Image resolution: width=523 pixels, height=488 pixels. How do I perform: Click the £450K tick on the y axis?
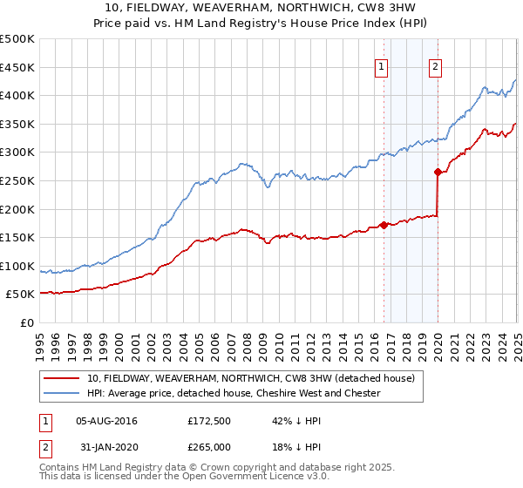tap(17, 67)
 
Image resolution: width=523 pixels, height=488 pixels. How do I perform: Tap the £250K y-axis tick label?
tap(17, 181)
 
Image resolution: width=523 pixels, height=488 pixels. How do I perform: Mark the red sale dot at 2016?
tap(384, 225)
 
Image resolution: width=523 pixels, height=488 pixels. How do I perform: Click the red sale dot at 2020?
tap(438, 172)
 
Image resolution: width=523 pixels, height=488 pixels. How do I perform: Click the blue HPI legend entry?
tap(234, 393)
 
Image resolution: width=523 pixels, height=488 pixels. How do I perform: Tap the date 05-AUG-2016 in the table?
tap(106, 421)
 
